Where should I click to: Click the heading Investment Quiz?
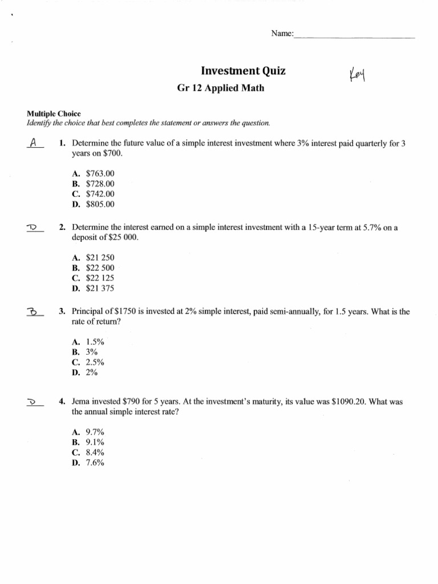243,71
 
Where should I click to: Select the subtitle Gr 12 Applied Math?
221,89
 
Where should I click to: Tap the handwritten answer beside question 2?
33,228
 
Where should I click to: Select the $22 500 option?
100,267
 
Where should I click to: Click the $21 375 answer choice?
100,289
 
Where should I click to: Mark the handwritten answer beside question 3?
33,311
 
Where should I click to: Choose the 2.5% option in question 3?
95,362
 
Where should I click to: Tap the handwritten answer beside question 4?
33,402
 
